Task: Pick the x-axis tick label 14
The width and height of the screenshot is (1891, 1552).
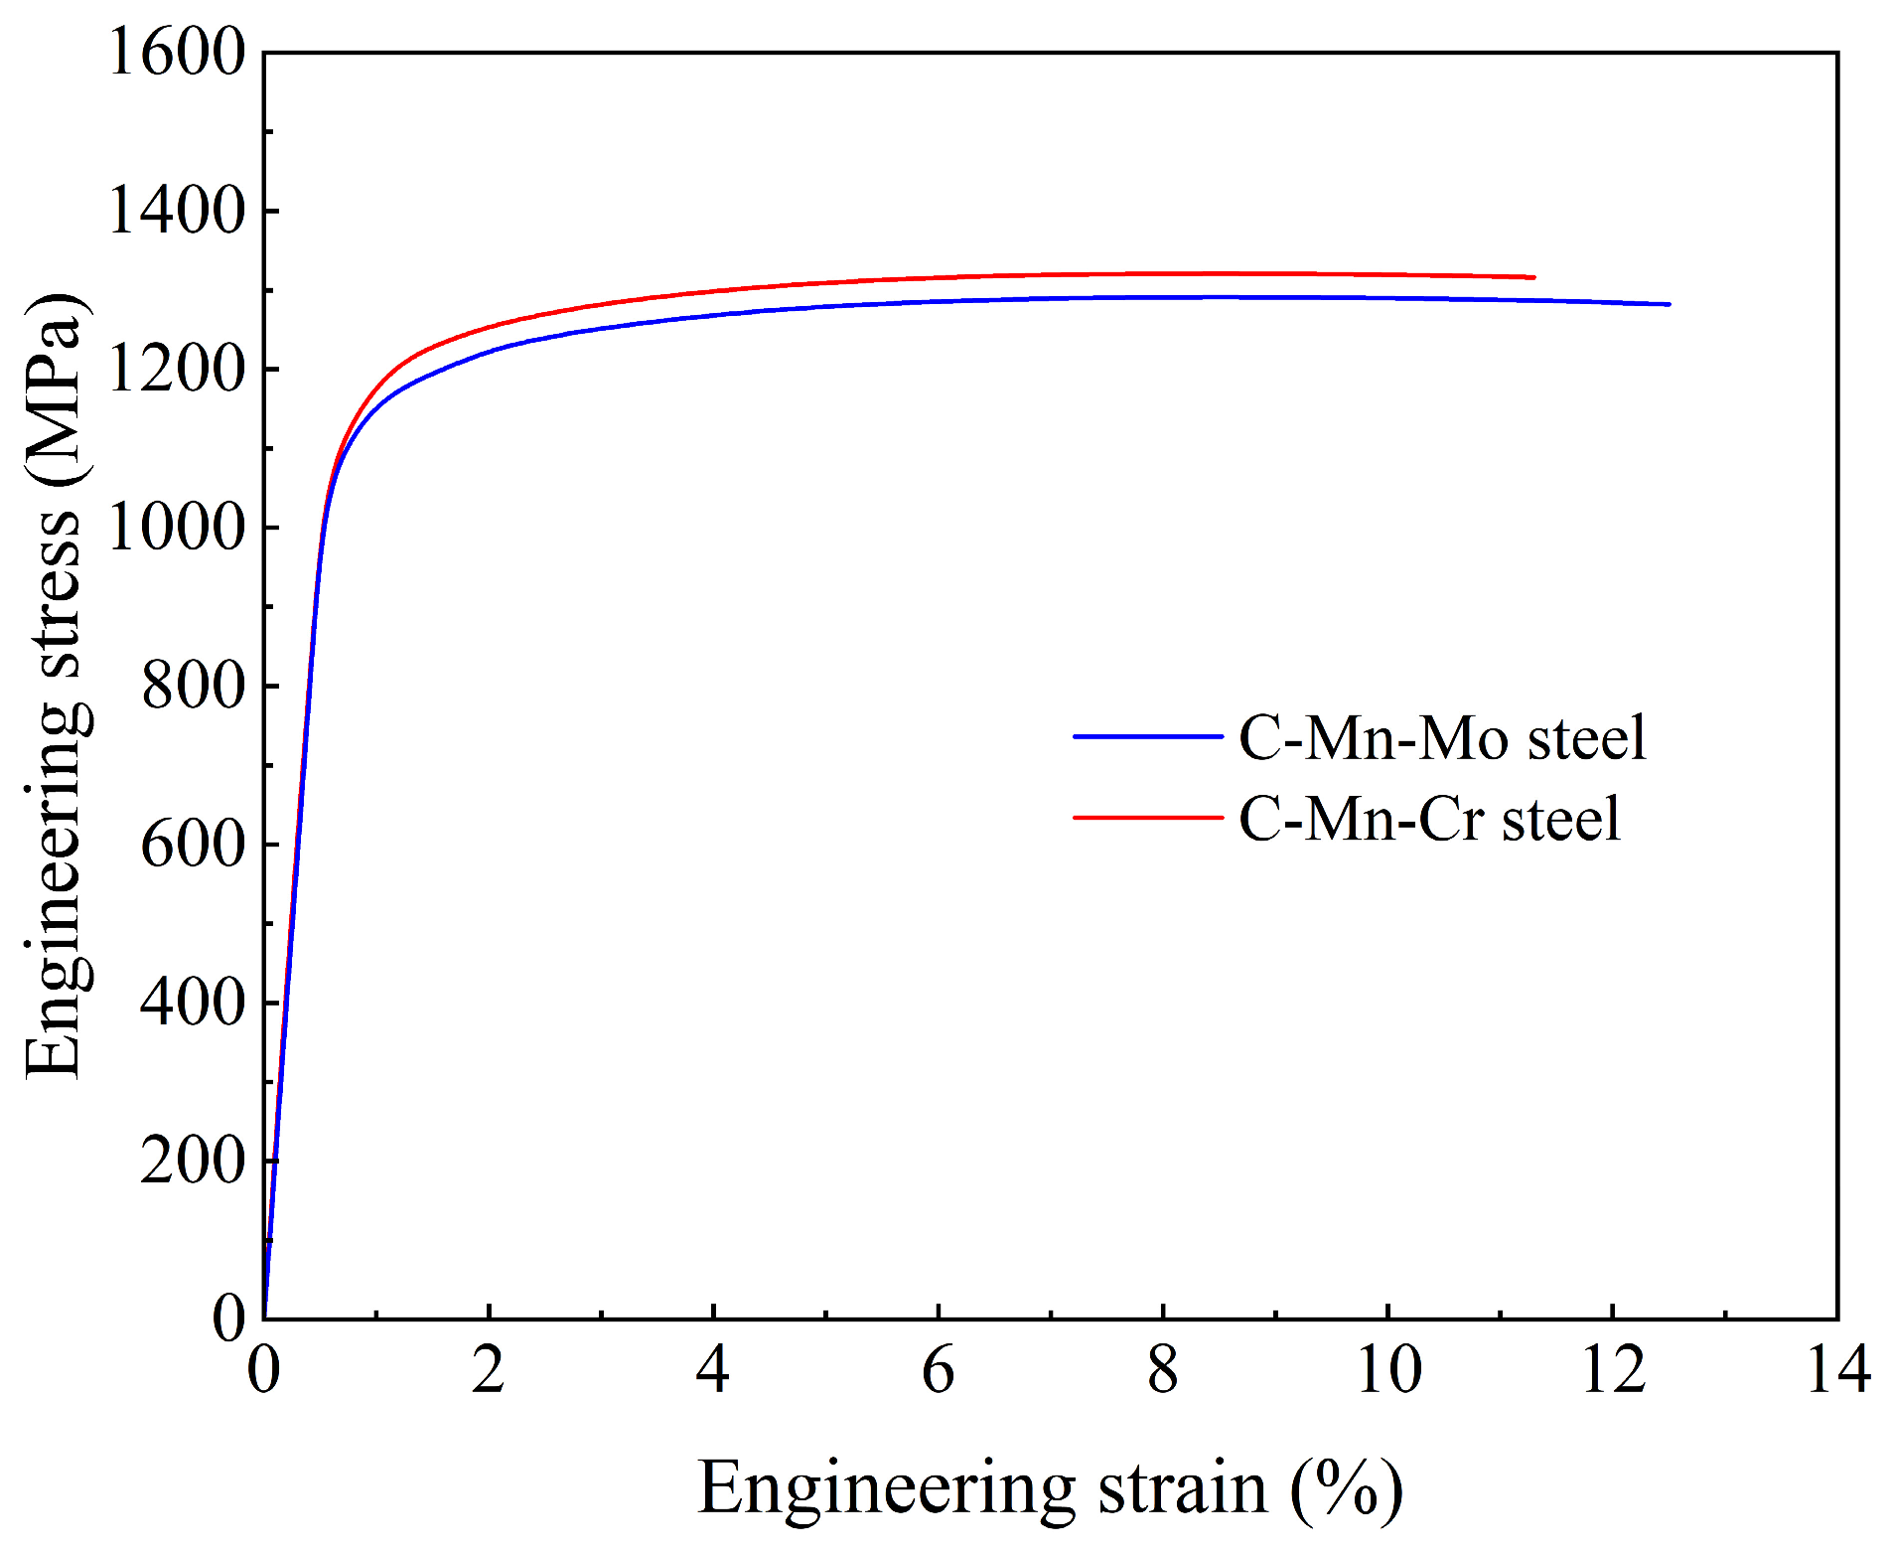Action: click(x=1838, y=1372)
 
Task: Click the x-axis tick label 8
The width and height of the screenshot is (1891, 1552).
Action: click(x=1163, y=1372)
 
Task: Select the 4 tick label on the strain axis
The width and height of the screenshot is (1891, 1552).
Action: click(x=713, y=1372)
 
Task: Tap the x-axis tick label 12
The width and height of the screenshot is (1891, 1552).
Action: click(x=1613, y=1372)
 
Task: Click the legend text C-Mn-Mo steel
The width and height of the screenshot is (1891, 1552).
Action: click(x=1442, y=738)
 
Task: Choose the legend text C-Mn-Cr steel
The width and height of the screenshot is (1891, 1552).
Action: click(x=1429, y=820)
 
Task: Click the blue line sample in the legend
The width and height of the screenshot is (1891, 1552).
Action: click(x=1147, y=737)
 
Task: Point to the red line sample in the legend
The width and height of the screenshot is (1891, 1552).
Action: click(x=1147, y=818)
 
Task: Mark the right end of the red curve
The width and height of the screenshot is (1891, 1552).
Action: click(x=1533, y=277)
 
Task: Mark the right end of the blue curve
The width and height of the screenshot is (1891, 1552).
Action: click(x=1669, y=304)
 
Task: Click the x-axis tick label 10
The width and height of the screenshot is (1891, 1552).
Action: click(x=1387, y=1372)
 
